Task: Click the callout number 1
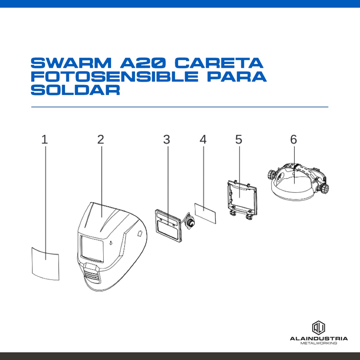45,139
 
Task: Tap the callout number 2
101,139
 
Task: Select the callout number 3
166,139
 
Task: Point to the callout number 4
203,139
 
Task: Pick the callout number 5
239,139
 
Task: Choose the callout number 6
294,139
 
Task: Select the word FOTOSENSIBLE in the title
115,76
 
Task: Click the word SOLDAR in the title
76,90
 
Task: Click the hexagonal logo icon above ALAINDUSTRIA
319,328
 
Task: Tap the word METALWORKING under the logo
319,343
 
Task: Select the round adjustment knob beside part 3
189,222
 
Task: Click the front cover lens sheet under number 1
45,264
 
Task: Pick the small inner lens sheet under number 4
205,213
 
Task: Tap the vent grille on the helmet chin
92,274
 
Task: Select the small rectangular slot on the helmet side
140,233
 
